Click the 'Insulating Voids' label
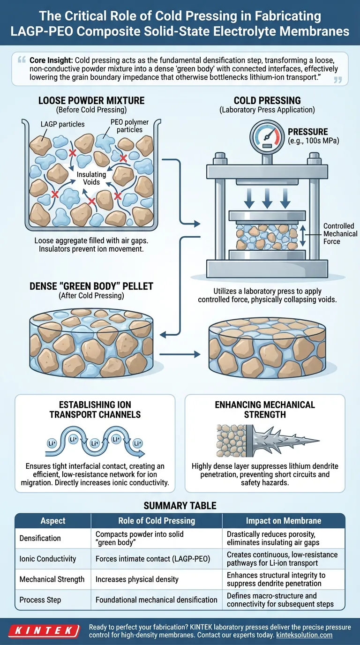point(92,178)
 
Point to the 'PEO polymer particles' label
point(129,126)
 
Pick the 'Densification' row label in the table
point(40,538)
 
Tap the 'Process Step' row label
point(41,600)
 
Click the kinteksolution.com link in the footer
point(304,635)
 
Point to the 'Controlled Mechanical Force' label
point(340,234)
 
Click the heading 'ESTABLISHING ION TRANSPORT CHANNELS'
point(95,409)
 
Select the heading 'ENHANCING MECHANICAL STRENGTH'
point(264,409)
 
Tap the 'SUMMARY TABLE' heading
point(180,505)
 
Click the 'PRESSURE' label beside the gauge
point(307,132)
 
